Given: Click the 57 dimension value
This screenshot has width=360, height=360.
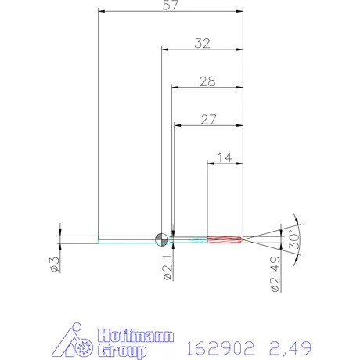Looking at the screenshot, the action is pos(171,5).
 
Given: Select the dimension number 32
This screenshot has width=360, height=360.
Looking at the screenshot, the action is pos(203,43).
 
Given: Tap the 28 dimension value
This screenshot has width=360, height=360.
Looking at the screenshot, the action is pos(207,81).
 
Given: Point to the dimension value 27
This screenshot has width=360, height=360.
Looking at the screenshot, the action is pos(208,120).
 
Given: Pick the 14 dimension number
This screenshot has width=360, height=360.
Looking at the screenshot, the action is pos(225,157).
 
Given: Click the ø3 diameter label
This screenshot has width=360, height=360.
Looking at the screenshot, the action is pos(55,265).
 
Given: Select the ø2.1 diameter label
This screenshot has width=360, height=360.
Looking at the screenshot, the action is pos(167,268).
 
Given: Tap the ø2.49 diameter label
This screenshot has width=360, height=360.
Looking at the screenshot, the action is pos(275,274).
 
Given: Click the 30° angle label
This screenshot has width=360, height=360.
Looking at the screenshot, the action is pos(294,239).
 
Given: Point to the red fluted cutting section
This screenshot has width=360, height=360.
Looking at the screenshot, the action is pos(225,239).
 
